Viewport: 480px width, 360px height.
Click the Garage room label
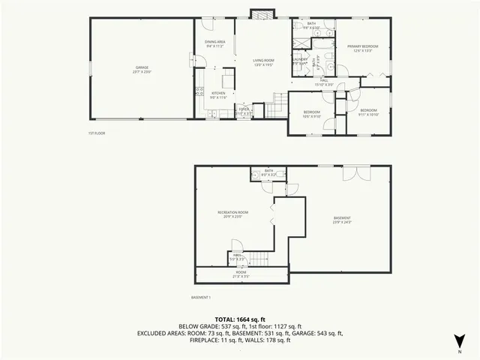[142, 70]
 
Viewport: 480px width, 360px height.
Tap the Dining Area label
[215, 43]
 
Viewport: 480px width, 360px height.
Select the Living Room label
[261, 63]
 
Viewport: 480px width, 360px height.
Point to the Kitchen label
[217, 95]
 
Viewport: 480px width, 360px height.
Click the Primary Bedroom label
[362, 49]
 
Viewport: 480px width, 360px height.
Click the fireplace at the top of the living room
[263, 14]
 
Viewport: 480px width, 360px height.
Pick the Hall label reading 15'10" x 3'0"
[323, 82]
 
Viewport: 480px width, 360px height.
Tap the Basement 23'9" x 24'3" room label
[342, 220]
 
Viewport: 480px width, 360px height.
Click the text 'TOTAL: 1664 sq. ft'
[240, 319]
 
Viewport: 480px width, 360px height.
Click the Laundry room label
[300, 62]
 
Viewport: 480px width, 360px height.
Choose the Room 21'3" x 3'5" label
[241, 274]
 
